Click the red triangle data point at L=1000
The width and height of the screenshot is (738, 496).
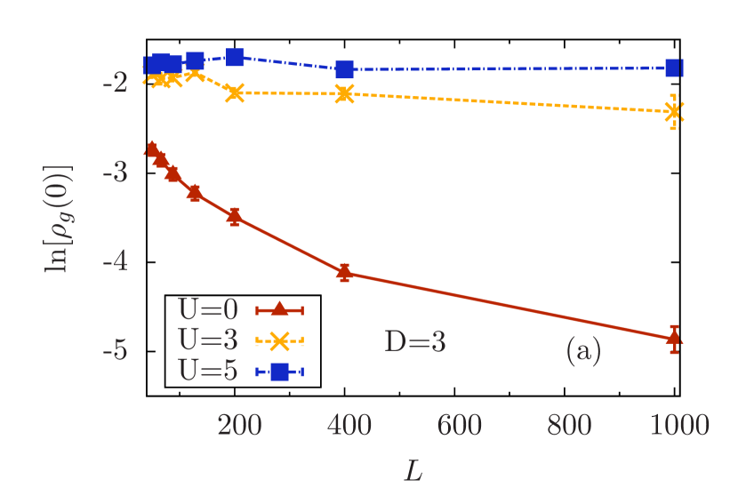[674, 337]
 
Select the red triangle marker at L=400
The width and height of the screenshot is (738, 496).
[344, 272]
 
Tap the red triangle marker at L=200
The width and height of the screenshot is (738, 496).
[234, 214]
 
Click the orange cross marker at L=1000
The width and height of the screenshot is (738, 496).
[674, 111]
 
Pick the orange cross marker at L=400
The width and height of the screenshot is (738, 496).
[344, 93]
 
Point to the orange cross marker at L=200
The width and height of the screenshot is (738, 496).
[234, 92]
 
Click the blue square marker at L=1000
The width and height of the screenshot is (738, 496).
[674, 68]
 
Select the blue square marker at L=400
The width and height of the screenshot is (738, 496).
[344, 69]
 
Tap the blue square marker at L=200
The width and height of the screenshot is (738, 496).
[234, 57]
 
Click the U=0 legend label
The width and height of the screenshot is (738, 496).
[208, 309]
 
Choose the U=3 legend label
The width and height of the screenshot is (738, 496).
[208, 340]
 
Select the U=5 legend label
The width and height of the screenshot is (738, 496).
[208, 371]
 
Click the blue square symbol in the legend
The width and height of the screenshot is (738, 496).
[279, 372]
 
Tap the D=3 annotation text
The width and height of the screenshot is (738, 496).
[414, 341]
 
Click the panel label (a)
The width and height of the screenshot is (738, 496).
[583, 350]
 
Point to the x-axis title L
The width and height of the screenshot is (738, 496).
[413, 470]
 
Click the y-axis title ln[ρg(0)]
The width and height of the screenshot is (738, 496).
[59, 219]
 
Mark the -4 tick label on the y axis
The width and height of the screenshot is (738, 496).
[115, 261]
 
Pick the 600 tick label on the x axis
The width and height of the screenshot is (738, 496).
[459, 426]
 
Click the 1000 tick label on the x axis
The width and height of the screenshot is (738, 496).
[679, 426]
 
